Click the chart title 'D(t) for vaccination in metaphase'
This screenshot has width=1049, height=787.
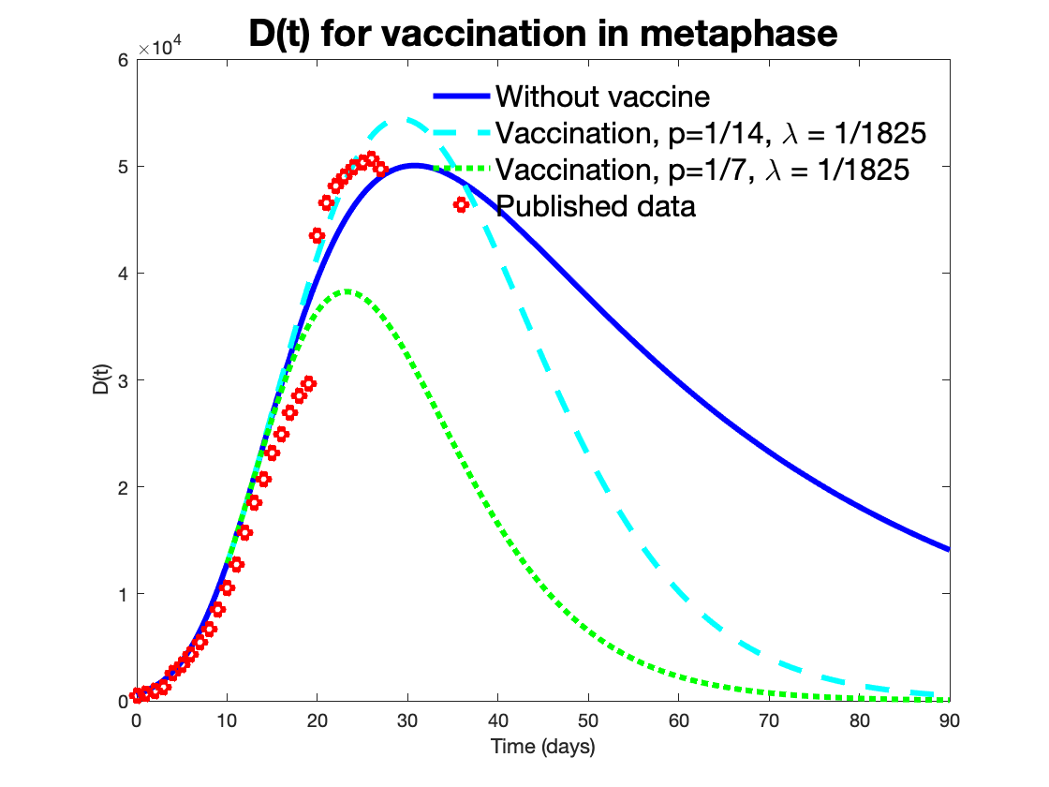pyautogui.click(x=542, y=35)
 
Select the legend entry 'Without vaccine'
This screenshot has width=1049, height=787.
pyautogui.click(x=603, y=96)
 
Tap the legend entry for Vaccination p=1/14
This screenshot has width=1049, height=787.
pyautogui.click(x=712, y=134)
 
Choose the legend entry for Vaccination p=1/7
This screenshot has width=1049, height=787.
pyautogui.click(x=702, y=171)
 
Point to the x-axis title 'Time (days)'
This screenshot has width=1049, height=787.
pyautogui.click(x=542, y=747)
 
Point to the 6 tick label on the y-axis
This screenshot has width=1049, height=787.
pyautogui.click(x=122, y=60)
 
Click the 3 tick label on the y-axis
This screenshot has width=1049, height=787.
pyautogui.click(x=122, y=380)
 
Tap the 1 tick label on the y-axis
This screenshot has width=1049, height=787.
pyautogui.click(x=122, y=594)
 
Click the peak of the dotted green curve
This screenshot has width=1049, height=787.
pyautogui.click(x=347, y=291)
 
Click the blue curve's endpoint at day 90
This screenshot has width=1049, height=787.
pyautogui.click(x=949, y=549)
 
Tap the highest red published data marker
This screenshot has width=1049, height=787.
pyautogui.click(x=371, y=158)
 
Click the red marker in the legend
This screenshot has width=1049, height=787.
pyautogui.click(x=461, y=204)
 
